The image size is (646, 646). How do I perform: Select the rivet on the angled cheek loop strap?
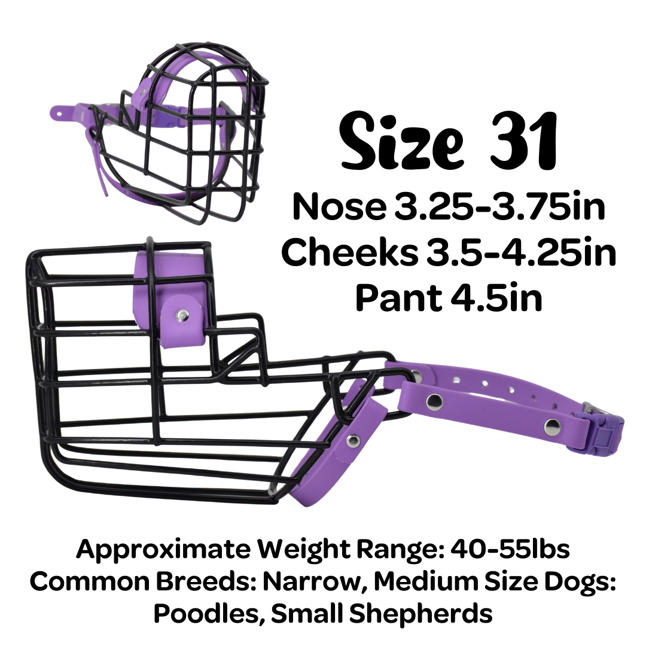354,440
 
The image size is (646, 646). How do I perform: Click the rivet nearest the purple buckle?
552,426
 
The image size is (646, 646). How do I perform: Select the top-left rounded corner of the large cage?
31,257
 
